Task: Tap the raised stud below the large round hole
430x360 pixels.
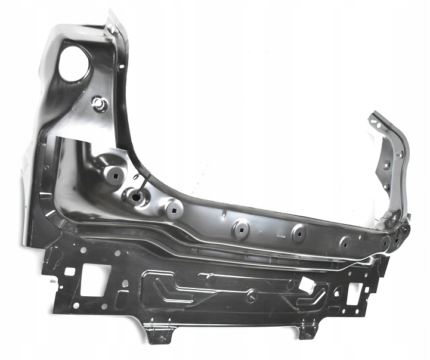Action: coord(100,106)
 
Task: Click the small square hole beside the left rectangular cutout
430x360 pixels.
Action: coord(70,272)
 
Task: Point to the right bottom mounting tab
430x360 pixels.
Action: coord(308,328)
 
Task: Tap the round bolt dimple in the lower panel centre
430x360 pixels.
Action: coord(252,293)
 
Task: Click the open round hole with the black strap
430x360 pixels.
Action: coord(136,196)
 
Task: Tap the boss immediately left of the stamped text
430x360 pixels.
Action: coord(241,227)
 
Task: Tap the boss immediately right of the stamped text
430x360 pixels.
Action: coord(299,232)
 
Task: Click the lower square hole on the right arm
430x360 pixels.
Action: coord(386,187)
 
